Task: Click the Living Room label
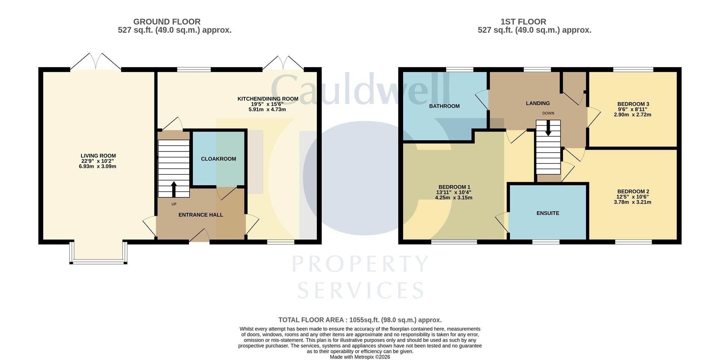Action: coord(98,156)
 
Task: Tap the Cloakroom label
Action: coord(218,159)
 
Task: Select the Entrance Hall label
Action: coord(201,215)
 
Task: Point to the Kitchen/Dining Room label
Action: coord(268,99)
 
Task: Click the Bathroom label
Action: coord(444,106)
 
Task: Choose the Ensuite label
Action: coord(548,213)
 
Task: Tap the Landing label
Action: coord(538,103)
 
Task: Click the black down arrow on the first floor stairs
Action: coord(548,128)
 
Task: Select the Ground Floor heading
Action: coord(167,22)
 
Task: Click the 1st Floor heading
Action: coord(523,22)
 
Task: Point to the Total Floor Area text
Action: coord(360,320)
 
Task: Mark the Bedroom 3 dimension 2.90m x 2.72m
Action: coord(632,115)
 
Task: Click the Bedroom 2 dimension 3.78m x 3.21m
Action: coord(632,202)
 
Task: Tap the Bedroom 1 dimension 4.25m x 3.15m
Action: coord(453,198)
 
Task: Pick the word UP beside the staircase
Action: coord(174,204)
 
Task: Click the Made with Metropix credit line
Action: coord(360,357)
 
